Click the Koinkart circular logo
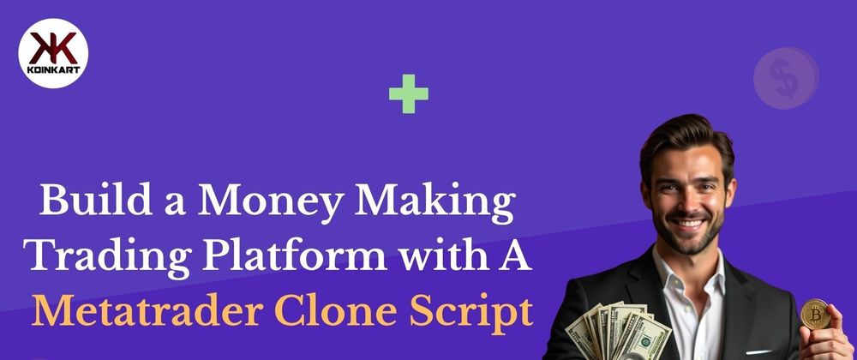pyautogui.click(x=53, y=53)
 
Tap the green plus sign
pyautogui.click(x=408, y=94)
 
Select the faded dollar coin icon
pyautogui.click(x=786, y=78)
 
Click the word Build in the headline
pyautogui.click(x=96, y=200)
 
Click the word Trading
pyautogui.click(x=108, y=255)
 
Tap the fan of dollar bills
pyautogui.click(x=619, y=331)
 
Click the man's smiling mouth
pyautogui.click(x=688, y=223)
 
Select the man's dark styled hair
pyautogui.click(x=686, y=141)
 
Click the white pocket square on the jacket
pyautogui.click(x=759, y=351)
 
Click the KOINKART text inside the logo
pyautogui.click(x=53, y=70)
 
